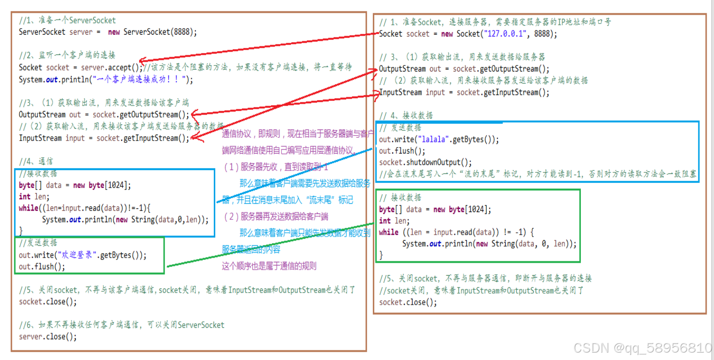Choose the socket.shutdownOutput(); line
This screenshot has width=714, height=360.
[425, 162]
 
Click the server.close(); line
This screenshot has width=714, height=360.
[47, 336]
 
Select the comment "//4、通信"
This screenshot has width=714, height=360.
[36, 161]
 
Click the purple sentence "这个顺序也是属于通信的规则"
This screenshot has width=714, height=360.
[269, 266]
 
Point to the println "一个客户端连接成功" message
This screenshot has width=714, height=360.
[138, 79]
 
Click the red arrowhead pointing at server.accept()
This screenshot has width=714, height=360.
[142, 60]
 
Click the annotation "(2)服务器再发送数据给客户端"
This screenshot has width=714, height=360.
[275, 216]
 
